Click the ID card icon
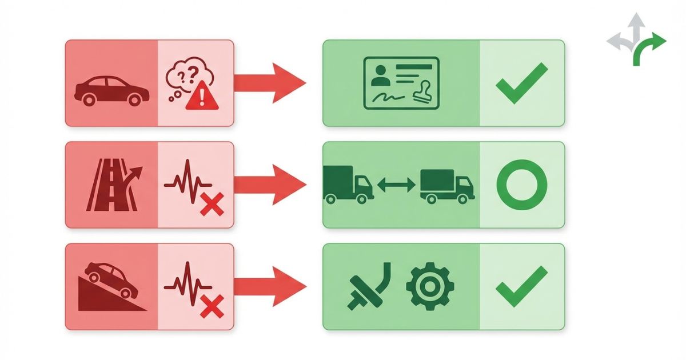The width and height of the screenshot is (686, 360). click(401, 82)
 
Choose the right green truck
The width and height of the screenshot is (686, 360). click(446, 185)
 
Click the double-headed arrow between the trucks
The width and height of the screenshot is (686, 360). click(397, 185)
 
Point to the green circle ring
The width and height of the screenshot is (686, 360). click(522, 184)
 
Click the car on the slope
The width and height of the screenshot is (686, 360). click(113, 279)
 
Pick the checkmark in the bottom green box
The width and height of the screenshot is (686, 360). click(521, 286)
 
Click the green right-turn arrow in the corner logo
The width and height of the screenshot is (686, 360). click(649, 49)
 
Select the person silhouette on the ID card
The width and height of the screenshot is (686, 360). click(378, 75)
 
